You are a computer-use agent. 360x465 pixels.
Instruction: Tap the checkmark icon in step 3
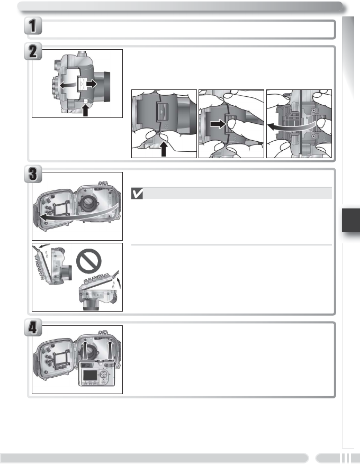coord(137,194)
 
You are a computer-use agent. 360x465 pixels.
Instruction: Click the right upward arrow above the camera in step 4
coord(111,349)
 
